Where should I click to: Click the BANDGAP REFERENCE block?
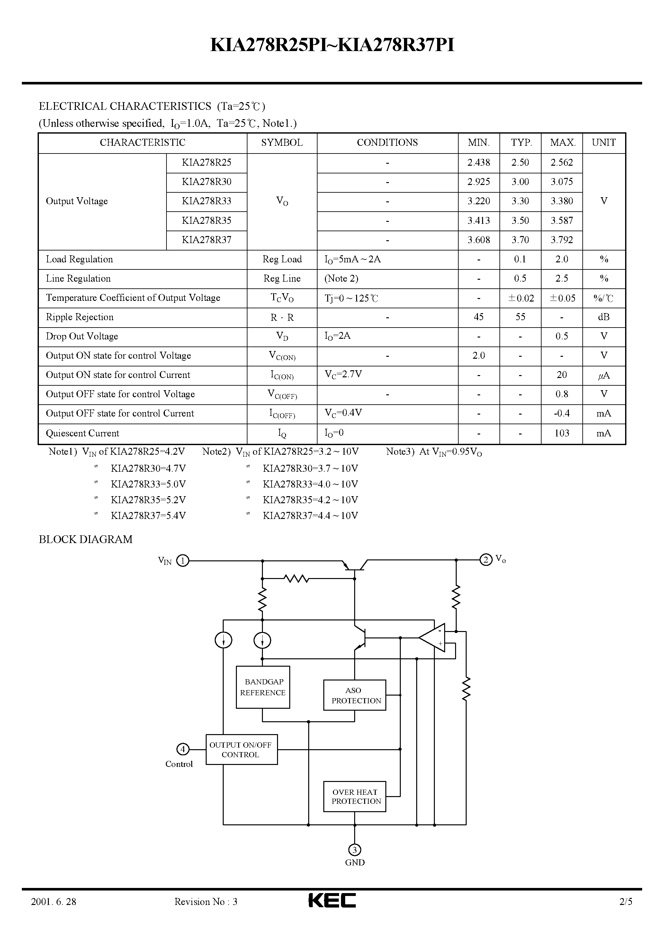coord(263,687)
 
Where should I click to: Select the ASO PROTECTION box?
coord(354,695)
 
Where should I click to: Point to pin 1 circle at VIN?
coord(183,560)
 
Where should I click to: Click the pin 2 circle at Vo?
coord(486,559)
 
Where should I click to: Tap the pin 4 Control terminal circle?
coord(183,750)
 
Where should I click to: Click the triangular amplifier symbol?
coord(433,637)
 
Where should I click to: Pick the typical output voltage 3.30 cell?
coord(520,201)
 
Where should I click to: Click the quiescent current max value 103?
coord(562,433)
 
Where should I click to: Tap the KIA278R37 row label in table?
coord(207,240)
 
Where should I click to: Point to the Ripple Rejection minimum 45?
coord(479,317)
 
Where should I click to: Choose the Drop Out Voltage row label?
coord(82,336)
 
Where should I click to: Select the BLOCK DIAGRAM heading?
coord(85,540)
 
